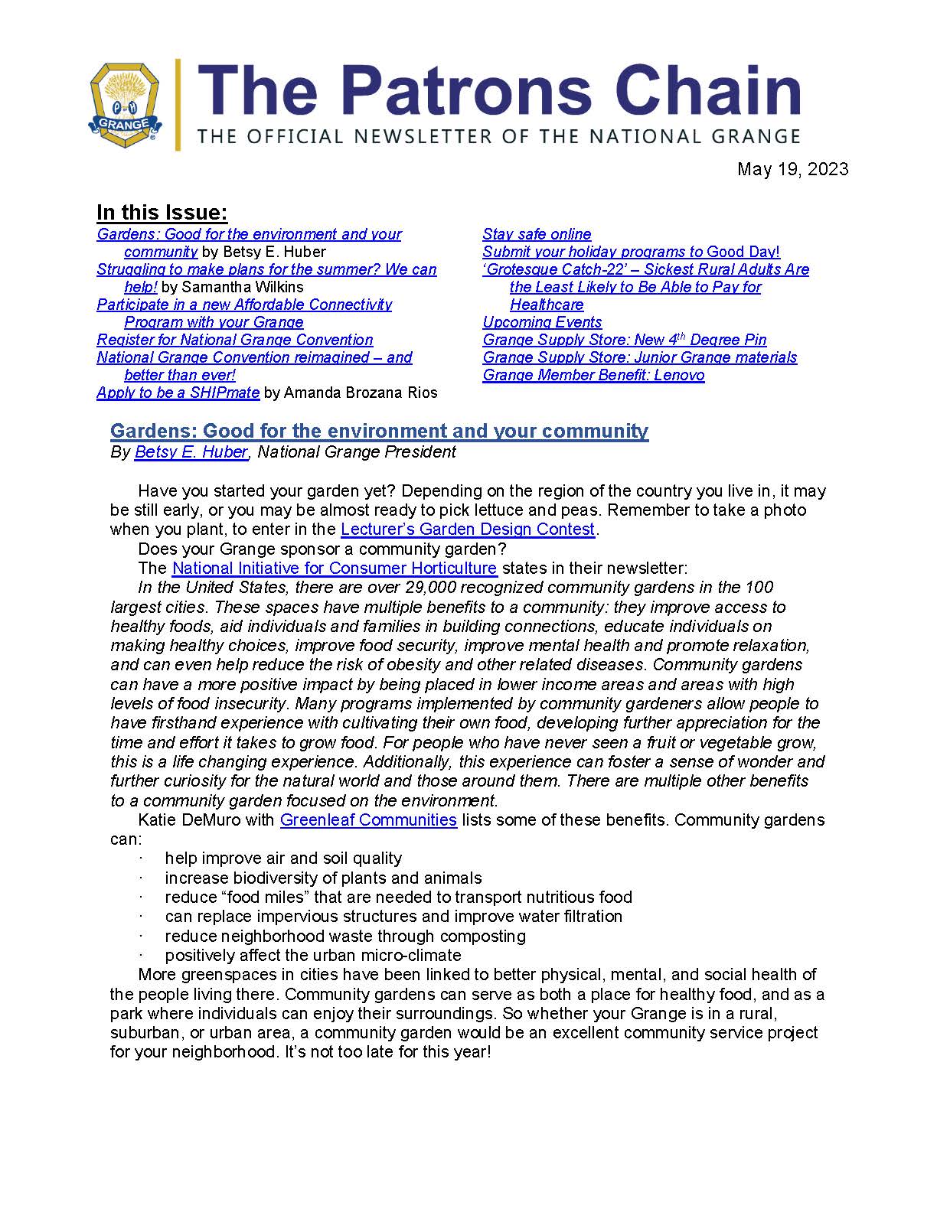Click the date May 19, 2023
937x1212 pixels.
point(792,169)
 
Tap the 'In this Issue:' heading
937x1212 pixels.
point(162,213)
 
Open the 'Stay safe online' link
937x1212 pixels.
point(537,234)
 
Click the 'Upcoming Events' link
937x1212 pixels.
point(542,322)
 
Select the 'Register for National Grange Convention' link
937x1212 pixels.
point(235,340)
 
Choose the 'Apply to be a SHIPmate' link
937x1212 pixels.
point(178,393)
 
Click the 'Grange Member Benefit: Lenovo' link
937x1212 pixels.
point(593,375)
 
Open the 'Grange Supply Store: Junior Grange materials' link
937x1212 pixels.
point(639,357)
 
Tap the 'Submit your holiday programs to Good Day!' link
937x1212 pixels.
point(631,252)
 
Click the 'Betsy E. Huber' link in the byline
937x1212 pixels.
point(191,451)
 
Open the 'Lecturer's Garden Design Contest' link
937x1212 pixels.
point(467,529)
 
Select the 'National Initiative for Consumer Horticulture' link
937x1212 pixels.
point(335,568)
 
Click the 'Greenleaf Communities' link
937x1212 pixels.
point(368,819)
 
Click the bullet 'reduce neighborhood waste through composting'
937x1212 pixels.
point(344,936)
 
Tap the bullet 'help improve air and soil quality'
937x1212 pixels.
point(283,858)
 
